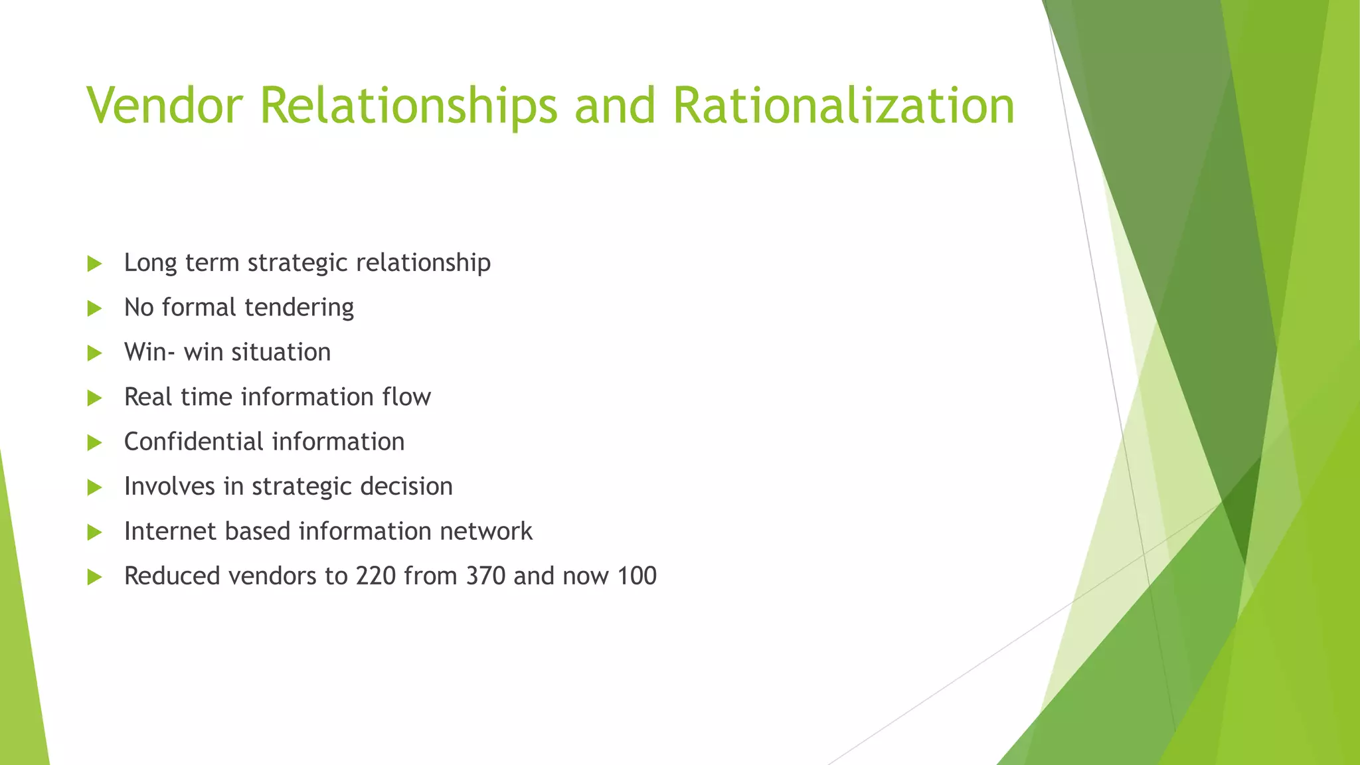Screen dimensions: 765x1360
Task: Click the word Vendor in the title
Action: (165, 106)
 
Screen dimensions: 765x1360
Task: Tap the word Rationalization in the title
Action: (843, 106)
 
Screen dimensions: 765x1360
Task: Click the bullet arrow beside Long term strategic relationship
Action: (94, 264)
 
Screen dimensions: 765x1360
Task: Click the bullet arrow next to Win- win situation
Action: (94, 353)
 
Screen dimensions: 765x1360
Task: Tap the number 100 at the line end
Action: (637, 576)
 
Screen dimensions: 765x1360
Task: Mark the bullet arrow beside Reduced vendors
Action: (94, 577)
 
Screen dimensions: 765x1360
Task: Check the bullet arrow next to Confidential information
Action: (94, 443)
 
